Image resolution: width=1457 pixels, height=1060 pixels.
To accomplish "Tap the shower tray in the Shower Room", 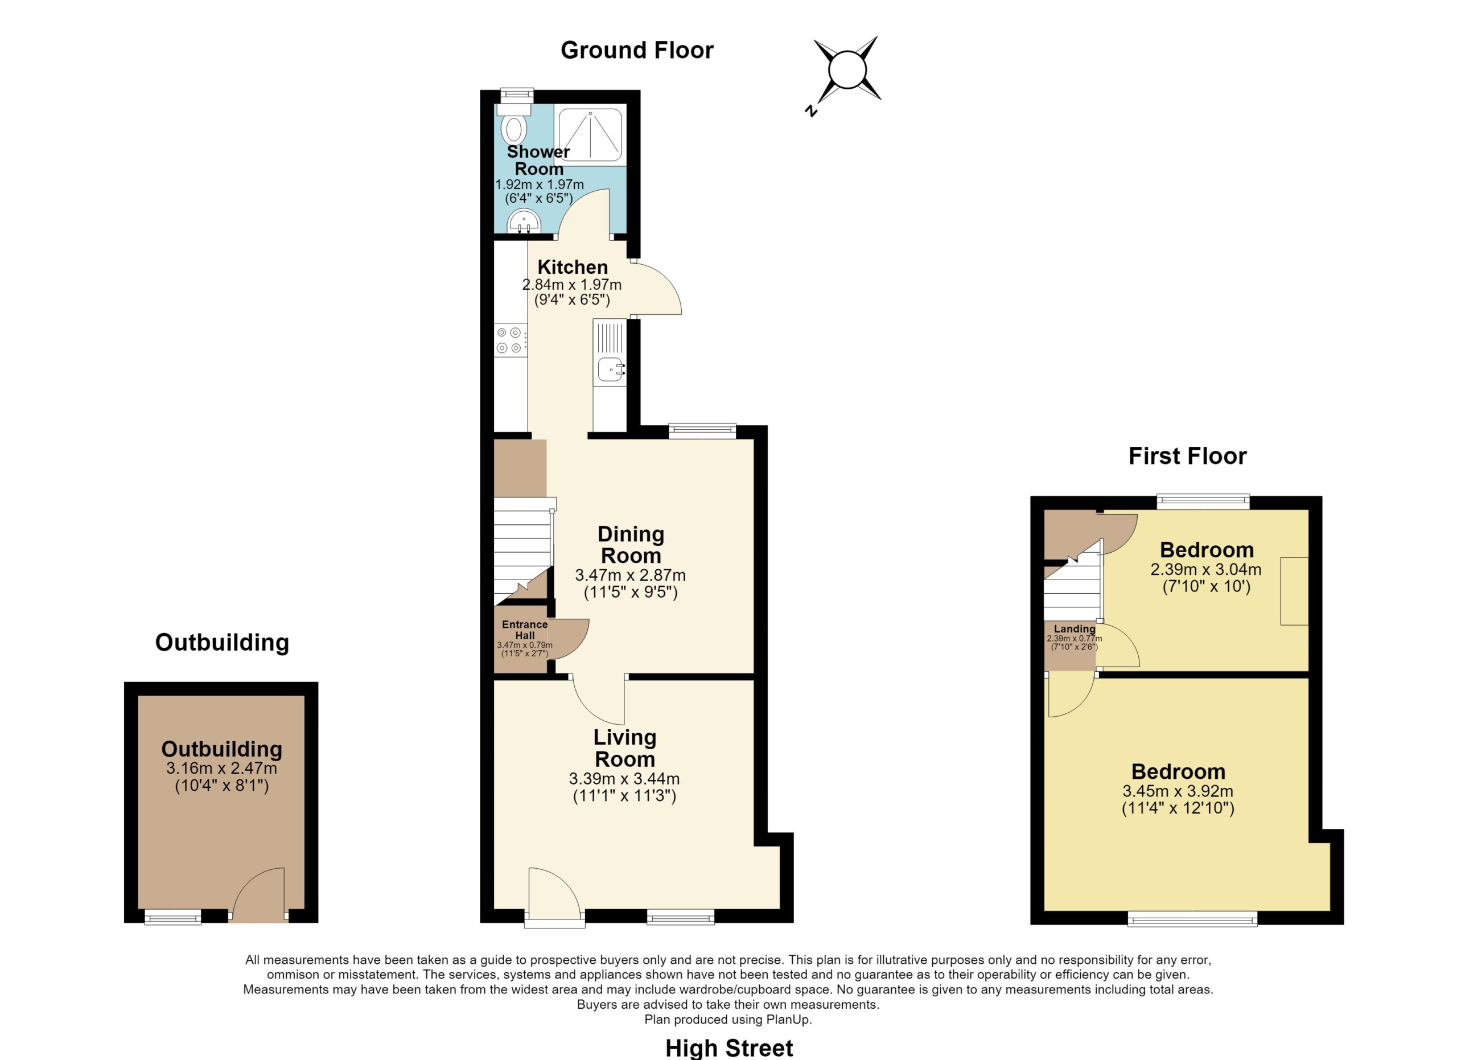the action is coord(590,134).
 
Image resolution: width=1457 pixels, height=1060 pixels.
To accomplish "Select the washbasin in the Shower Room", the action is coord(524,221).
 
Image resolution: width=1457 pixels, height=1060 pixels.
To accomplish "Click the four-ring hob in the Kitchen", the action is coord(511,340).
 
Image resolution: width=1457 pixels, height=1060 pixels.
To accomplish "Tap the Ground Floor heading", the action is coord(637,50).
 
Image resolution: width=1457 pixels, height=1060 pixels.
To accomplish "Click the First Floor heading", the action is coord(1187,456).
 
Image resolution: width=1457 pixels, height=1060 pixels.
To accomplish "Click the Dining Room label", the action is coord(630,545).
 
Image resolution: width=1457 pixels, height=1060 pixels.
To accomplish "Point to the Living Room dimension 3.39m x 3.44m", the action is coord(624,779).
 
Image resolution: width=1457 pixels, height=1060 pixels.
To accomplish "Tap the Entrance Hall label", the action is coord(524,630).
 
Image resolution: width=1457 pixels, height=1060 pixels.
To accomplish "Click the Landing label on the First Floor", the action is coord(1074,629).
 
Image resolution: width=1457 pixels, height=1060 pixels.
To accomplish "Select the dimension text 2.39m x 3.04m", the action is coord(1205,570).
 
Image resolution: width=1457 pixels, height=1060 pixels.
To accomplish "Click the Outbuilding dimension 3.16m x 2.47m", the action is coord(221,769).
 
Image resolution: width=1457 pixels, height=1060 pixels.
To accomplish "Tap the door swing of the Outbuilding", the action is coord(258,895).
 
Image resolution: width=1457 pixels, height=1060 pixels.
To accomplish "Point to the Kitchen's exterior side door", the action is coord(657,288).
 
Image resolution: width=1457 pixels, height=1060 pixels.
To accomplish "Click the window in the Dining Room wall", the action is coord(702,431).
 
